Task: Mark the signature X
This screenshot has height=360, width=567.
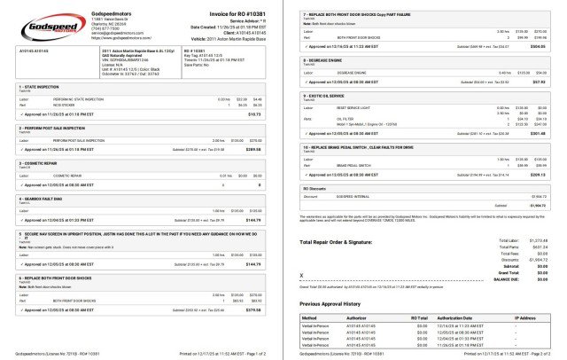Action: (303, 277)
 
